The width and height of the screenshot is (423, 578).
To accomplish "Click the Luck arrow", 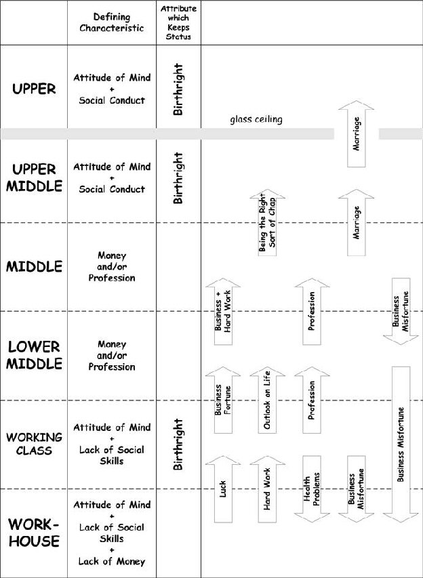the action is pos(223,489).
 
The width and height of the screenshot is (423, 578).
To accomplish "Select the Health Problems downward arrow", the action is pos(312,489).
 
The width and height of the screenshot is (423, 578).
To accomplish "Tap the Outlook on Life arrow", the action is pos(267,400).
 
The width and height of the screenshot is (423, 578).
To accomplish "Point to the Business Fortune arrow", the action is pos(223,400).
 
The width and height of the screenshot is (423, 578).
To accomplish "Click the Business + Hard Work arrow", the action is pos(223,312).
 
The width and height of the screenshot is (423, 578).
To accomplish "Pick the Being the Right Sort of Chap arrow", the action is pos(267,223).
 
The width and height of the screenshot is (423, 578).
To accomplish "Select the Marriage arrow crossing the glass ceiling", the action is pos(357,133).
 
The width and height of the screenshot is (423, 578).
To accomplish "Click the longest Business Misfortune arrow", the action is pos(401,445).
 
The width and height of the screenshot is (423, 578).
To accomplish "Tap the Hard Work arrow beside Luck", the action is pos(267,489).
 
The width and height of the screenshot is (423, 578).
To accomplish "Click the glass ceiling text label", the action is pos(256,119).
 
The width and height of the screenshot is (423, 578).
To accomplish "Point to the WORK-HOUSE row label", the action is pos(34,533).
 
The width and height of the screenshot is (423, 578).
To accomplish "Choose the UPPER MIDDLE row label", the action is pos(34,178).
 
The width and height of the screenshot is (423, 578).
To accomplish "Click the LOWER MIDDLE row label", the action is pos(34,355).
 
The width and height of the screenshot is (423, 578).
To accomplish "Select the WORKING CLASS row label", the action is pos(34,444).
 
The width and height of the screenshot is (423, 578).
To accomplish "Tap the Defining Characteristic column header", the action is pos(111,22).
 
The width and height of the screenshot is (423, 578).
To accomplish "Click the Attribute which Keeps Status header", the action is pos(178,22).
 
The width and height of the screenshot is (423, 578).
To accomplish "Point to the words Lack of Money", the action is pos(111,562).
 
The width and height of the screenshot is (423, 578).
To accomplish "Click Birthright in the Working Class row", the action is pos(178,445).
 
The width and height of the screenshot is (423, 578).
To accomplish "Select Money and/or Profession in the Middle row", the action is pos(111,266).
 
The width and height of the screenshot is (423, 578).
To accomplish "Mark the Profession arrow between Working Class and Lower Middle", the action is pos(312,400).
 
